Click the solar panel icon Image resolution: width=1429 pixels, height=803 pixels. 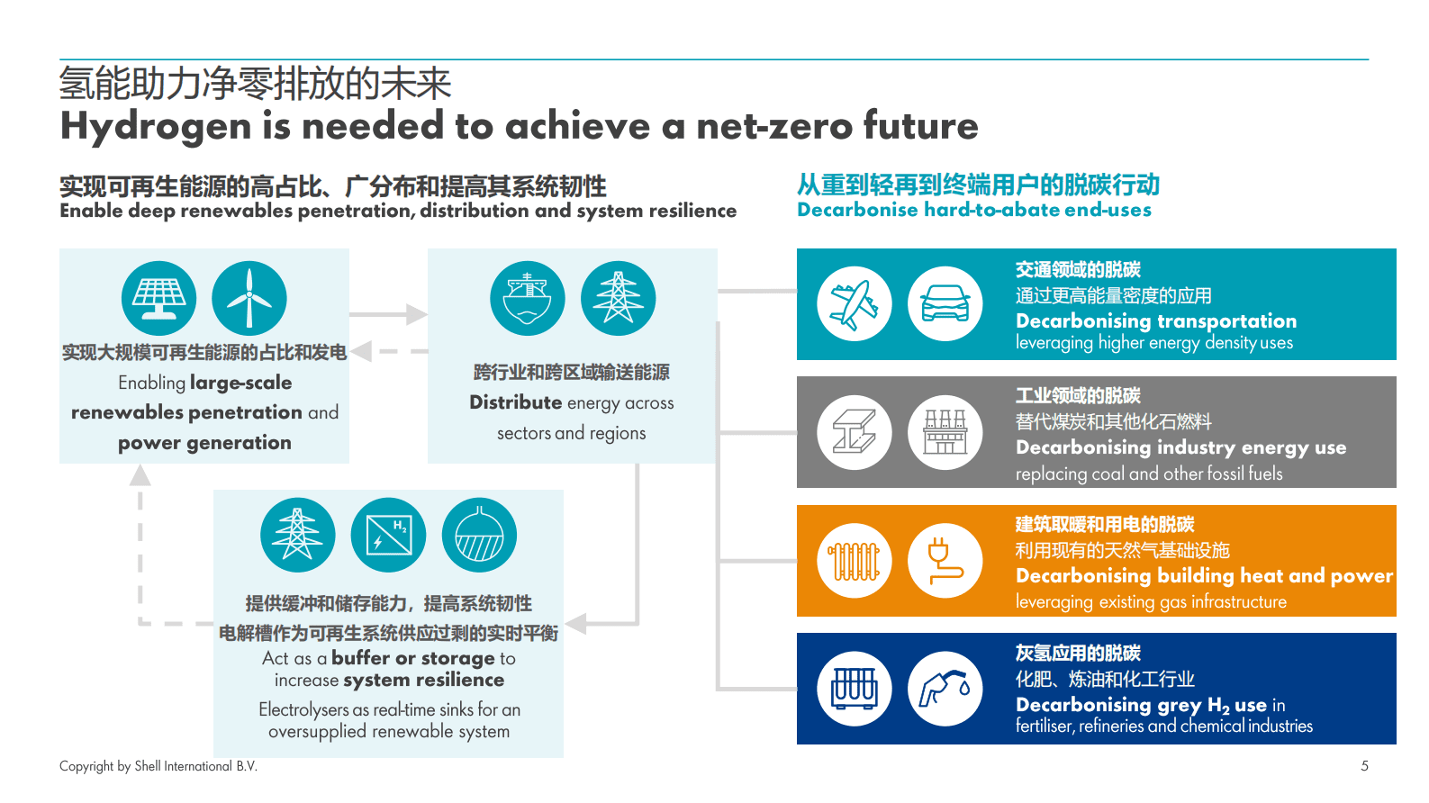tap(159, 298)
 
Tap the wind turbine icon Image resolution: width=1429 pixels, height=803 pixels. tap(249, 298)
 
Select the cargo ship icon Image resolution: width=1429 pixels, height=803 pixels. tap(528, 298)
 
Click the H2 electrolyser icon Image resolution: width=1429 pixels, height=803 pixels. tap(389, 535)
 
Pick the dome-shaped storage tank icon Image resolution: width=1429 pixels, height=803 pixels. tap(479, 535)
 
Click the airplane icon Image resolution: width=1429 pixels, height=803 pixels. tap(855, 304)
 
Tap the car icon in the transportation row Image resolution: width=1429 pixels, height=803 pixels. tap(945, 304)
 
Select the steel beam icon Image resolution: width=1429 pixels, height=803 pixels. tap(855, 432)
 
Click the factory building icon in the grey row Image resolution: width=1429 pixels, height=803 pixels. tap(945, 432)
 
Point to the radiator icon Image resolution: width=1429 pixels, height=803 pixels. tap(855, 561)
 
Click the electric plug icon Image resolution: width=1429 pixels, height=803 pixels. tap(945, 561)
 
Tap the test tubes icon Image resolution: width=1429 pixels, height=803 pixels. tap(855, 689)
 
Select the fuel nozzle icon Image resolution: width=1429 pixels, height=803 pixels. tap(945, 689)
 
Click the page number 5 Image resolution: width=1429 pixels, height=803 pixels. tap(1364, 766)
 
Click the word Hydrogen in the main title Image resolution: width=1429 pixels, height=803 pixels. tap(155, 127)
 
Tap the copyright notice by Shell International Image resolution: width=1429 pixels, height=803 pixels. tap(158, 766)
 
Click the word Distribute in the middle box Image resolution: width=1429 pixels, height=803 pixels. tap(515, 402)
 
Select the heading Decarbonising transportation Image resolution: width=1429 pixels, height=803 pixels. tap(1156, 321)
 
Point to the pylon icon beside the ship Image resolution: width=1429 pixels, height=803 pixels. tap(618, 298)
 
